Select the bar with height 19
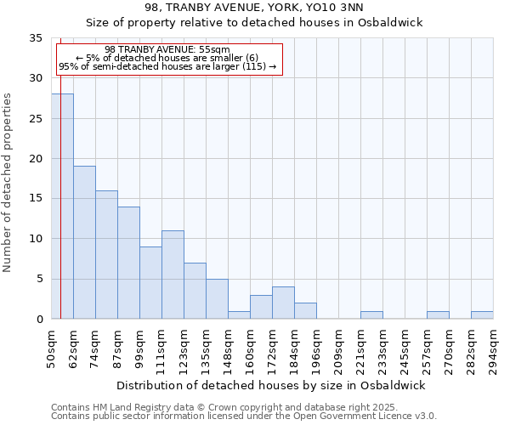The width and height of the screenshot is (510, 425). click(84, 242)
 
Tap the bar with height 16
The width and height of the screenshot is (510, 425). click(106, 254)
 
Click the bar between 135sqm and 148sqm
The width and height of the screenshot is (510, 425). click(217, 298)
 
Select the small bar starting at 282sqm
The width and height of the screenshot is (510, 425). click(482, 315)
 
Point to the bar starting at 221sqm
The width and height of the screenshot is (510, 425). click(371, 315)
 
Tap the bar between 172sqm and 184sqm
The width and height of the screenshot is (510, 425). click(283, 303)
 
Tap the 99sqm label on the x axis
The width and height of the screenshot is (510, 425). click(140, 348)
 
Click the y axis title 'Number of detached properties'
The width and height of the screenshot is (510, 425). click(8, 183)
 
